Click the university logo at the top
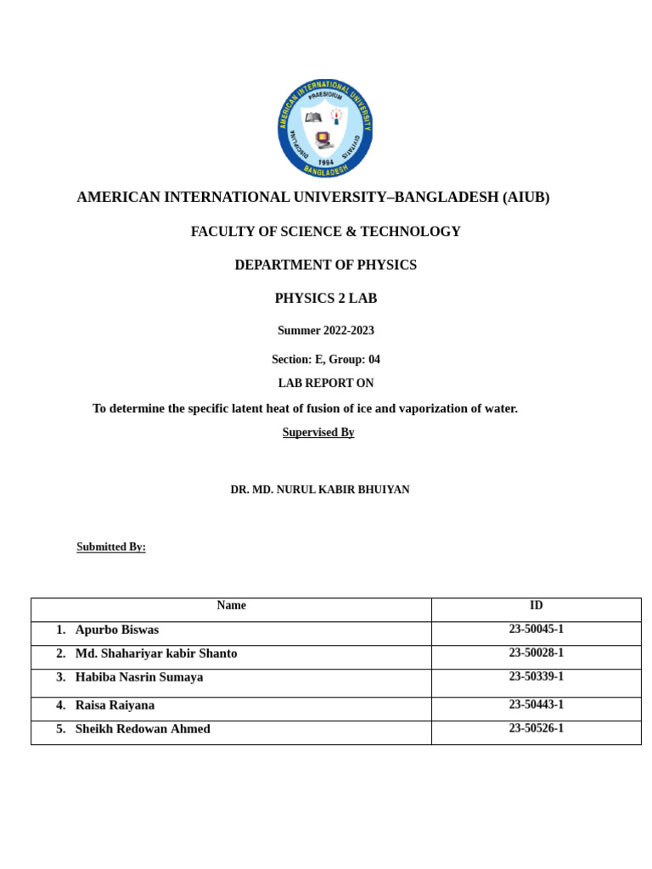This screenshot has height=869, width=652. click(325, 128)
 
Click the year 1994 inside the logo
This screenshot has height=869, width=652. click(326, 162)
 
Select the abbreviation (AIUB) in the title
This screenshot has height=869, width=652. click(526, 197)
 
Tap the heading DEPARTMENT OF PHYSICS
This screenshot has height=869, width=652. click(325, 265)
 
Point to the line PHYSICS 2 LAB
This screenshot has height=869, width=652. click(325, 299)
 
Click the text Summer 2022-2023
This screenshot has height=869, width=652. click(325, 331)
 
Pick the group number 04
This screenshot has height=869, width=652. click(374, 360)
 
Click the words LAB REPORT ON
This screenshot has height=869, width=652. click(325, 384)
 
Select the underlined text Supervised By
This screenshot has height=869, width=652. click(318, 433)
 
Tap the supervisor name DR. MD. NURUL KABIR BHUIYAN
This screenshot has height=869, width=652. click(320, 490)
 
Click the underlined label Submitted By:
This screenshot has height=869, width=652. click(111, 547)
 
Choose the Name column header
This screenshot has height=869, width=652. click(231, 606)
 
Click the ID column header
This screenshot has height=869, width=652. click(536, 606)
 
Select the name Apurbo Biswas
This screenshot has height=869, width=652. click(117, 630)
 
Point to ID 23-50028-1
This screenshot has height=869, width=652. click(536, 653)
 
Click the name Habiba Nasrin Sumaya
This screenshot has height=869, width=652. click(139, 677)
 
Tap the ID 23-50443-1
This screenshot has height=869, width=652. click(536, 705)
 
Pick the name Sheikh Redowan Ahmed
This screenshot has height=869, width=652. click(143, 729)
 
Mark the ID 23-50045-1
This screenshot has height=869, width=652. click(536, 630)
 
